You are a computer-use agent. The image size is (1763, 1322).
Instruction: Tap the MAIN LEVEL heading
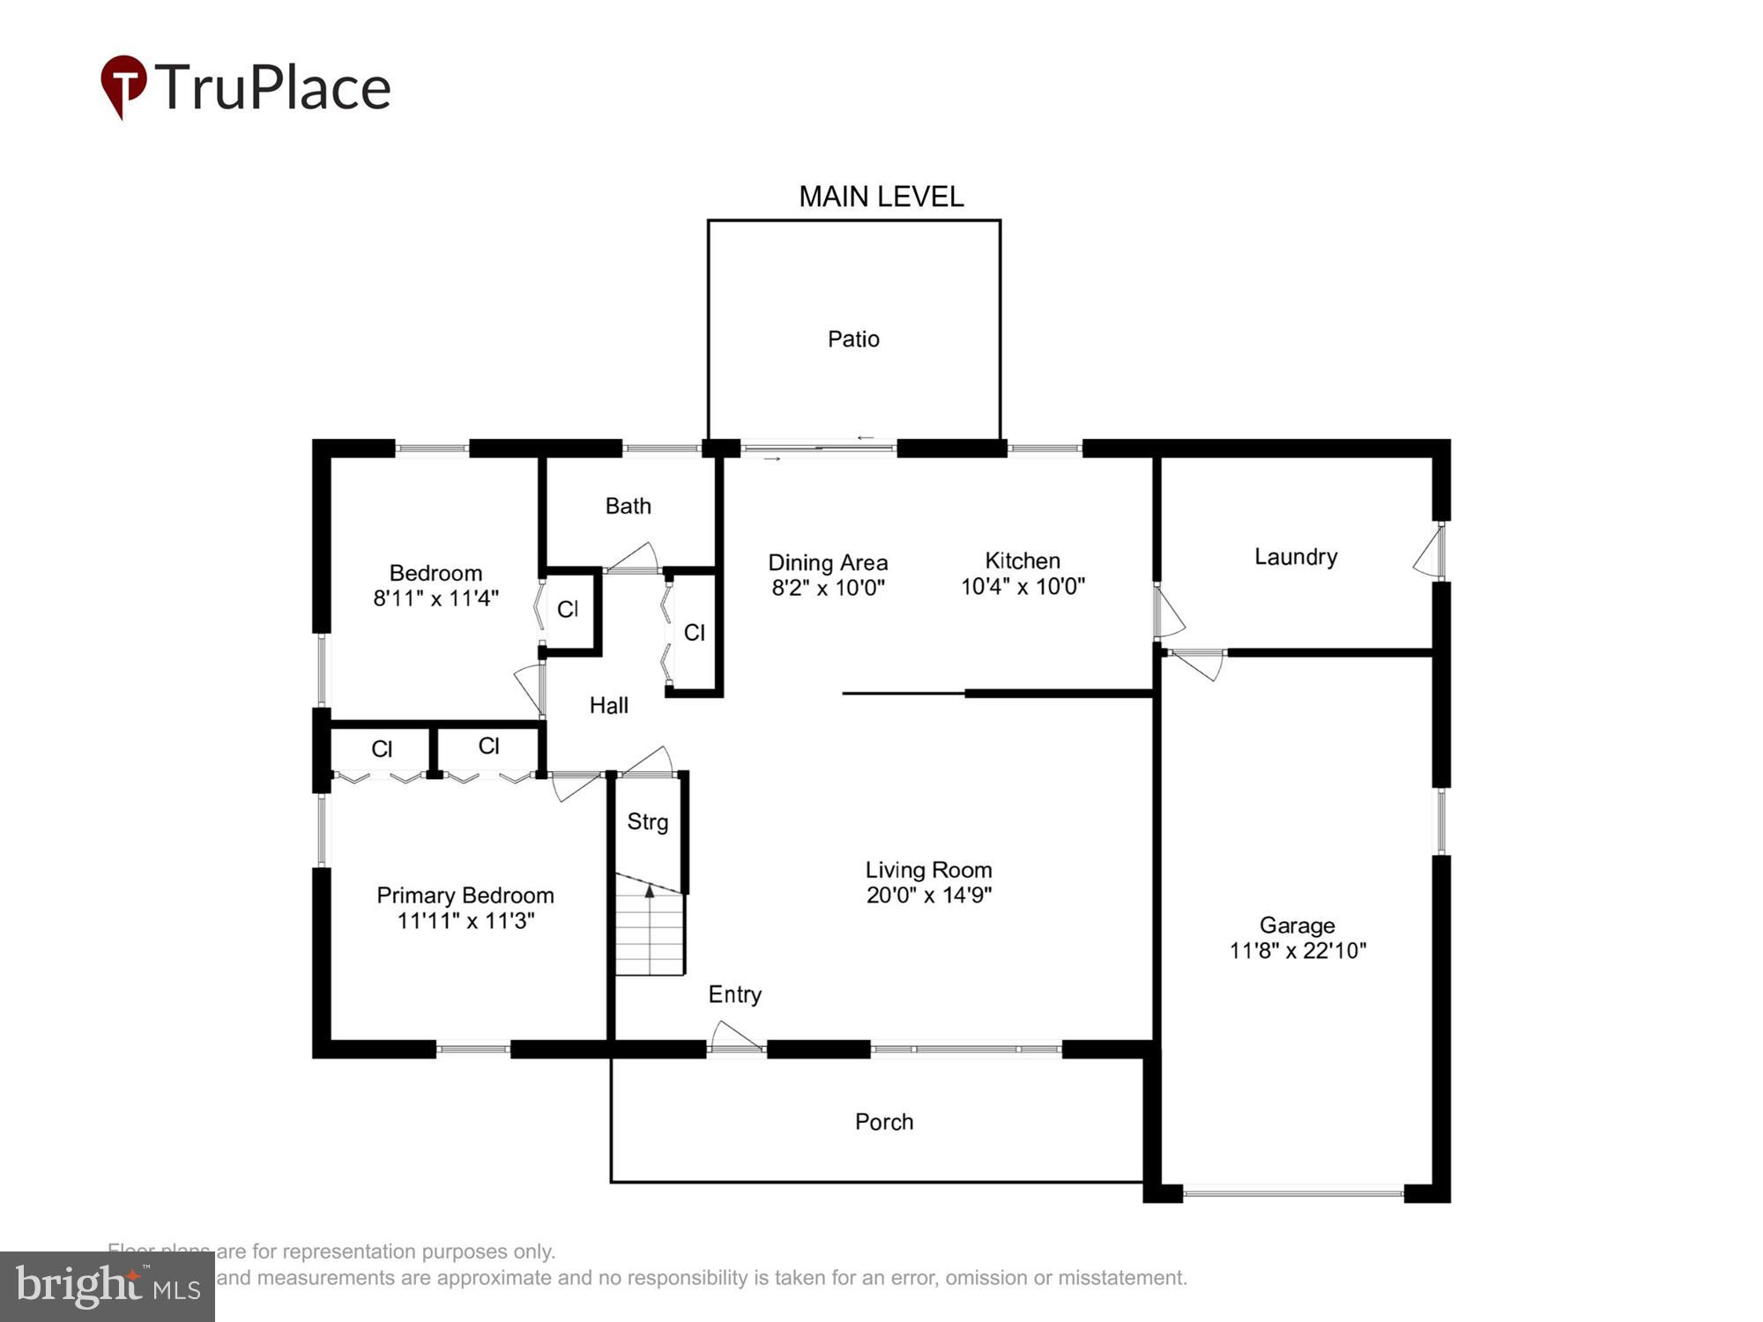pyautogui.click(x=881, y=197)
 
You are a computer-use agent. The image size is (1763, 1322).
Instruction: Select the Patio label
pyautogui.click(x=853, y=339)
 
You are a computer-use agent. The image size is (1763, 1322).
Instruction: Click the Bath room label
pyautogui.click(x=628, y=506)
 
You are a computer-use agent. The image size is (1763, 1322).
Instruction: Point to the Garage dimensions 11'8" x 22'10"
pyautogui.click(x=1298, y=951)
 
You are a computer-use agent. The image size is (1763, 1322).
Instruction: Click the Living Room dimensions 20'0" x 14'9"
pyautogui.click(x=928, y=895)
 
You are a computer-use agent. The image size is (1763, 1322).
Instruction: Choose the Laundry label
pyautogui.click(x=1295, y=557)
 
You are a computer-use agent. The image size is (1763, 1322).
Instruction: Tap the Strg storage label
pyautogui.click(x=647, y=822)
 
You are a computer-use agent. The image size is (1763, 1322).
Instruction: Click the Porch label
pyautogui.click(x=883, y=1122)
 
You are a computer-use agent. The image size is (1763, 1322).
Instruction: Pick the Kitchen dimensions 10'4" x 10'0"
pyautogui.click(x=1023, y=587)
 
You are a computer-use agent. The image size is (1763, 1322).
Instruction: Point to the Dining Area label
pyautogui.click(x=828, y=562)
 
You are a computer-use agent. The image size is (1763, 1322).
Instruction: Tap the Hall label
pyautogui.click(x=608, y=705)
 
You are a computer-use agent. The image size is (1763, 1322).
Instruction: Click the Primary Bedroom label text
pyautogui.click(x=465, y=895)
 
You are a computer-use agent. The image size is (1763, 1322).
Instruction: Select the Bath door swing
pyautogui.click(x=633, y=557)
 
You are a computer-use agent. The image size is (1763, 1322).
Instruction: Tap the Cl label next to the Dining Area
pyautogui.click(x=694, y=632)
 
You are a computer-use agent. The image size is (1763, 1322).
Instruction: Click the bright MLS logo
pyautogui.click(x=108, y=1287)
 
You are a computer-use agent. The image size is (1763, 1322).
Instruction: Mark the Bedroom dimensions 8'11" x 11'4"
pyautogui.click(x=435, y=598)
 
